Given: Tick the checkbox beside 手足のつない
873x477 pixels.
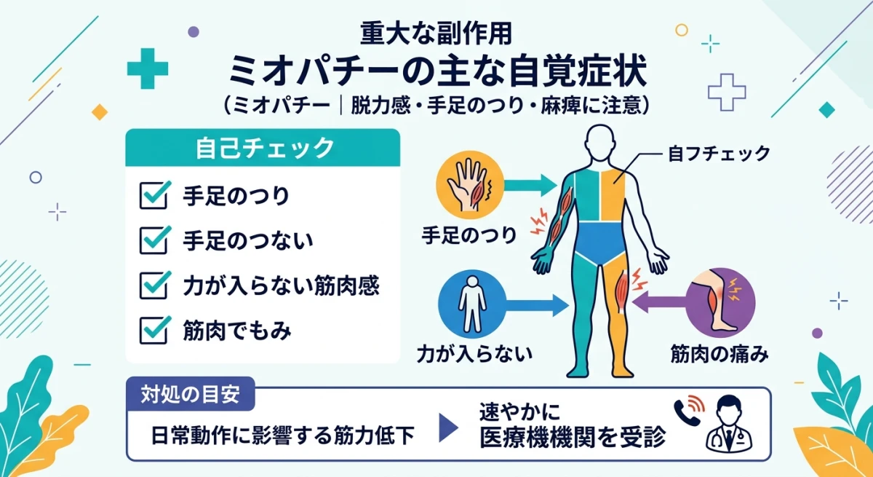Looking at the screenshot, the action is point(154,238).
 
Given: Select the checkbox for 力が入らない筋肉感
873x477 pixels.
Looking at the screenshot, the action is point(154,284).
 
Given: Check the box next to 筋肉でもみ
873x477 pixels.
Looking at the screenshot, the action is point(154,330).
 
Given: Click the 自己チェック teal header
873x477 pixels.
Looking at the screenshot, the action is point(263,148).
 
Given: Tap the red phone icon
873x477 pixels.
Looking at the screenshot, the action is point(687,411).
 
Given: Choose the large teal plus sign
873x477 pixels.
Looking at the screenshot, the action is point(147,69).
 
